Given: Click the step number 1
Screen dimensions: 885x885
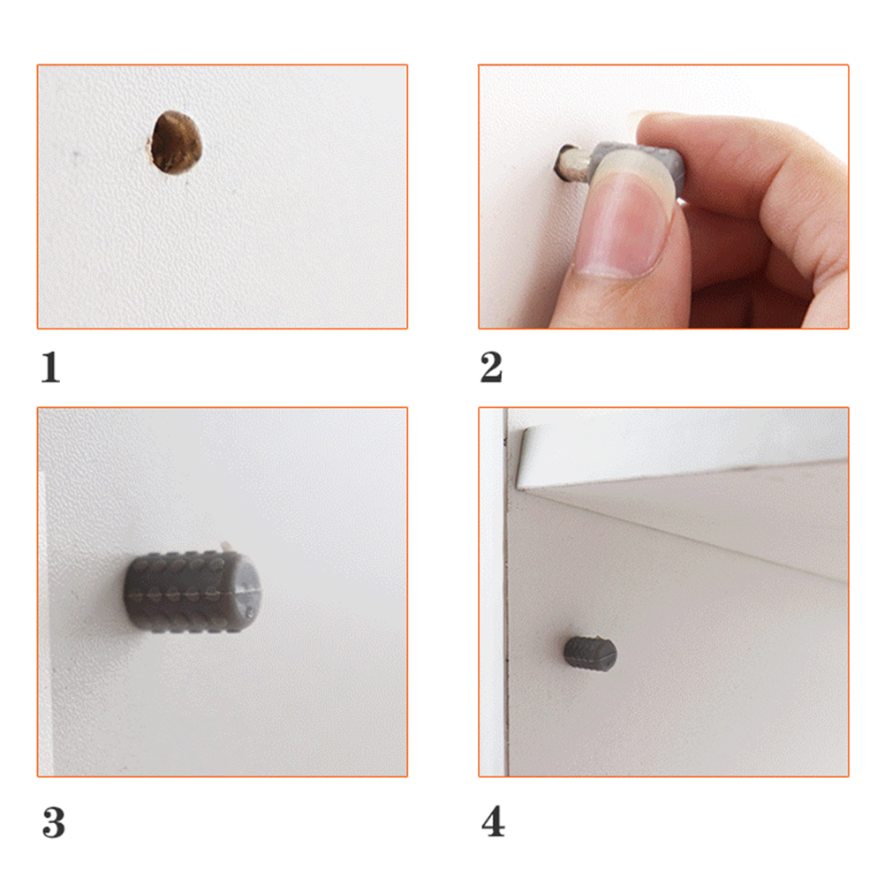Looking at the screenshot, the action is tap(51, 367).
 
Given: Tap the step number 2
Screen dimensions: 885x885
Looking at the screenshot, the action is tap(491, 367).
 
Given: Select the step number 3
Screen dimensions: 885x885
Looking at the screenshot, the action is tap(54, 822).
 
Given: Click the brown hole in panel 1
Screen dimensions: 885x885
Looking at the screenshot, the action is tap(176, 142).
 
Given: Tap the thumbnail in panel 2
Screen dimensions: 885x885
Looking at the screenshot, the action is tap(624, 226).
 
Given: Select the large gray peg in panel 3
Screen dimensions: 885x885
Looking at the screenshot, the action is tap(192, 592).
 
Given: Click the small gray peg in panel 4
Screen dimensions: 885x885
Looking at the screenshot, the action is tap(590, 654).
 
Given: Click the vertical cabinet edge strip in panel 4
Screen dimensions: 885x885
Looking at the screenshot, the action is tap(493, 592).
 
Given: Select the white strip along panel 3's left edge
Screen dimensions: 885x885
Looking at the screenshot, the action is tap(45, 621).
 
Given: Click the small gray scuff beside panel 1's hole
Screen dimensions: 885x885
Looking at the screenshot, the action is tap(74, 153).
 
